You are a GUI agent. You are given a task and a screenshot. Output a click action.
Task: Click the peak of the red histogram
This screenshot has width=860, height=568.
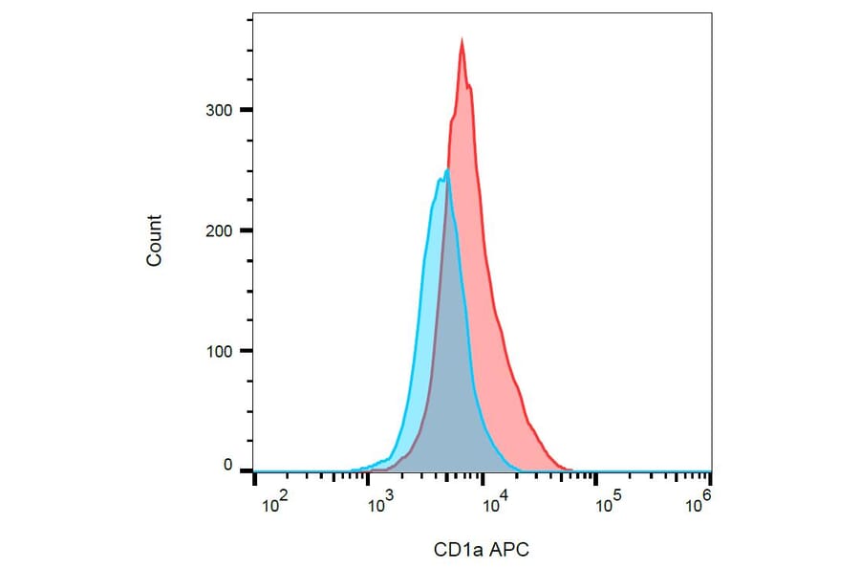coord(462,40)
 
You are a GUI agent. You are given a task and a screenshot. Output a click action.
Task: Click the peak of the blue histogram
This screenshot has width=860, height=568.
coord(446,170)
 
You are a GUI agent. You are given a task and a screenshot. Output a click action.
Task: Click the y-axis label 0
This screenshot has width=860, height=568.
coord(228,465)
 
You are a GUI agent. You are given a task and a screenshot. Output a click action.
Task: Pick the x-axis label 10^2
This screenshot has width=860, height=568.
coord(274,502)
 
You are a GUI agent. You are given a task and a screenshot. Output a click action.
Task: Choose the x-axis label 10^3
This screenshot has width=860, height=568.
coord(382,502)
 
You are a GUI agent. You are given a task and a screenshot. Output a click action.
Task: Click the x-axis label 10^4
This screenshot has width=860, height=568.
coord(492,502)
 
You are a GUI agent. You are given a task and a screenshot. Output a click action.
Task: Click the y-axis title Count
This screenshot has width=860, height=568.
coord(154,240)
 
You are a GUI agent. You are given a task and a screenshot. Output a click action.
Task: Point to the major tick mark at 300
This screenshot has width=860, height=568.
coord(246,110)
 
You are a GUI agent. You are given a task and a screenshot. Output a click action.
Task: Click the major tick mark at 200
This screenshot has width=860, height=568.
coord(246,230)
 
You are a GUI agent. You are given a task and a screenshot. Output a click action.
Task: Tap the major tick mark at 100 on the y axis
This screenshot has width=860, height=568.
coord(246,351)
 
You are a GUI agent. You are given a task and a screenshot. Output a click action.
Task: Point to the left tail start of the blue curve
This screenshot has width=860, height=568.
coord(352,470)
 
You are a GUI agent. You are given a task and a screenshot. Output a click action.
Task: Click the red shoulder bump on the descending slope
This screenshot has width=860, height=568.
coord(515,382)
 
